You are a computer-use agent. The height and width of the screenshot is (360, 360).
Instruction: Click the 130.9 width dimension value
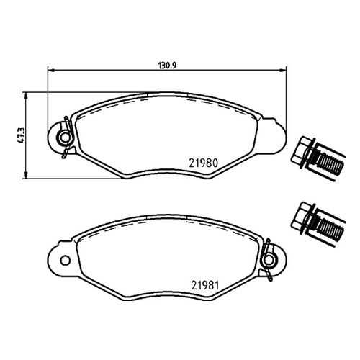[x=168, y=66]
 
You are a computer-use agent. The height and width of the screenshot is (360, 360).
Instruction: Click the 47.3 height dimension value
[x=21, y=135]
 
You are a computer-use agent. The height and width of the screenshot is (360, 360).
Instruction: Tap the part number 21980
[x=204, y=163]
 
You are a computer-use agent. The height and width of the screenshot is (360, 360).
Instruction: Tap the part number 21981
[x=205, y=285]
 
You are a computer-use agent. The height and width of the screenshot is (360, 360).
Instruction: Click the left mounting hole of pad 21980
[x=65, y=138]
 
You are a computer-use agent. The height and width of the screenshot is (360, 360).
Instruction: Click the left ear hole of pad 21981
[x=65, y=261]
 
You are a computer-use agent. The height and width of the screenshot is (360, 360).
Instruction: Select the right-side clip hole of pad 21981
[x=269, y=260]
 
